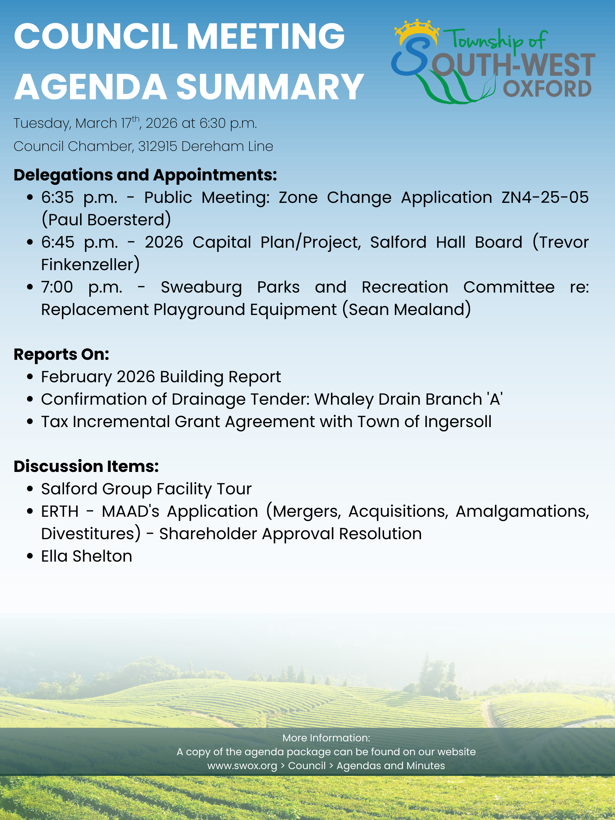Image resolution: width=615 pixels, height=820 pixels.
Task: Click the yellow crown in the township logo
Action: [x=417, y=30]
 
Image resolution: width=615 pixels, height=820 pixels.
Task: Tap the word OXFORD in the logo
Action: [x=547, y=89]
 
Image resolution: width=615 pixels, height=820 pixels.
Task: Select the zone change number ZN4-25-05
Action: [x=545, y=197]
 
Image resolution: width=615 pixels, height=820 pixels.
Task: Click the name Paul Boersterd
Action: [x=106, y=220]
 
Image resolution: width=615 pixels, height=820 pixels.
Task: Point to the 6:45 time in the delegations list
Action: [x=57, y=242]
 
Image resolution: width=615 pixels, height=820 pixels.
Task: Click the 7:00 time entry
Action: [x=57, y=287]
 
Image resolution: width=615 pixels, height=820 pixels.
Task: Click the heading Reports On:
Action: [x=62, y=354]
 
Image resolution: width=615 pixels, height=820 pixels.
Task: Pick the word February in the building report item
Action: [x=77, y=377]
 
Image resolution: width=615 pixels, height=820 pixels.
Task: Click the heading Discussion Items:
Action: [x=86, y=466]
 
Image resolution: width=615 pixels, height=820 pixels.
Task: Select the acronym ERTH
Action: [x=60, y=511]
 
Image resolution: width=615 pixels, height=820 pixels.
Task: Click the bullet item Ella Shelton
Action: [x=86, y=556]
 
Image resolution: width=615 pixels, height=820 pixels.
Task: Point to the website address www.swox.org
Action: [x=242, y=766]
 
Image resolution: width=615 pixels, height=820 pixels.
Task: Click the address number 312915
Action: [x=158, y=146]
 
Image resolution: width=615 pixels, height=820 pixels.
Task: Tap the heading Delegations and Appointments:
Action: [x=145, y=175]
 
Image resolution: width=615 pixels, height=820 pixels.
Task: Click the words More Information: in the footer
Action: [x=326, y=738]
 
